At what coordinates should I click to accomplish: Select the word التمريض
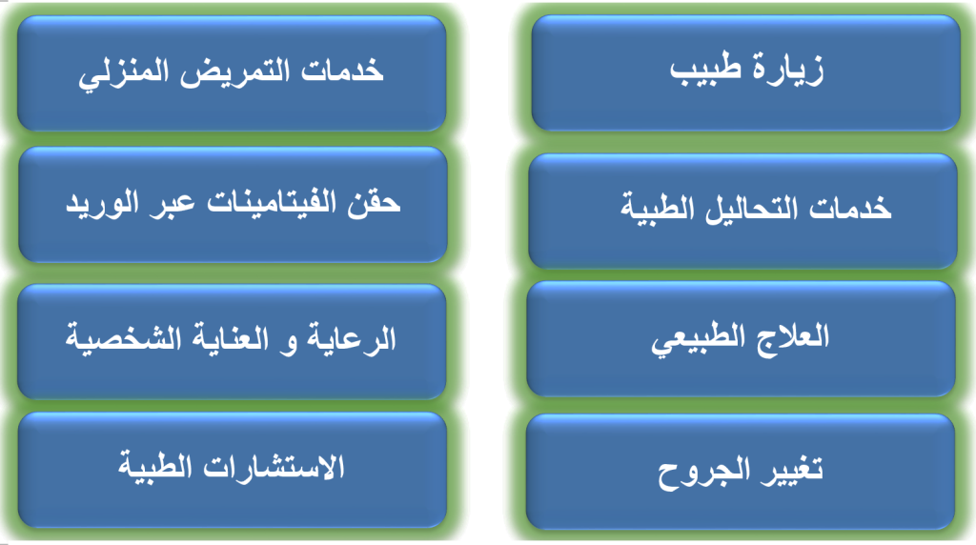(235, 71)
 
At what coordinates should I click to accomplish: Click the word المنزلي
(124, 72)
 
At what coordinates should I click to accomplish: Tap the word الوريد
(103, 204)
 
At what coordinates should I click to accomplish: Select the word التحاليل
(751, 208)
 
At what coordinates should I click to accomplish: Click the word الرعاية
(352, 338)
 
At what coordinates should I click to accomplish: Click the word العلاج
(793, 336)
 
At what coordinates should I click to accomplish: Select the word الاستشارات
(274, 466)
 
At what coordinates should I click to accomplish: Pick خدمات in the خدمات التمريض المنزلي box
(342, 71)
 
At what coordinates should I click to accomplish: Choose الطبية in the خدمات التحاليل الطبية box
(658, 207)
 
